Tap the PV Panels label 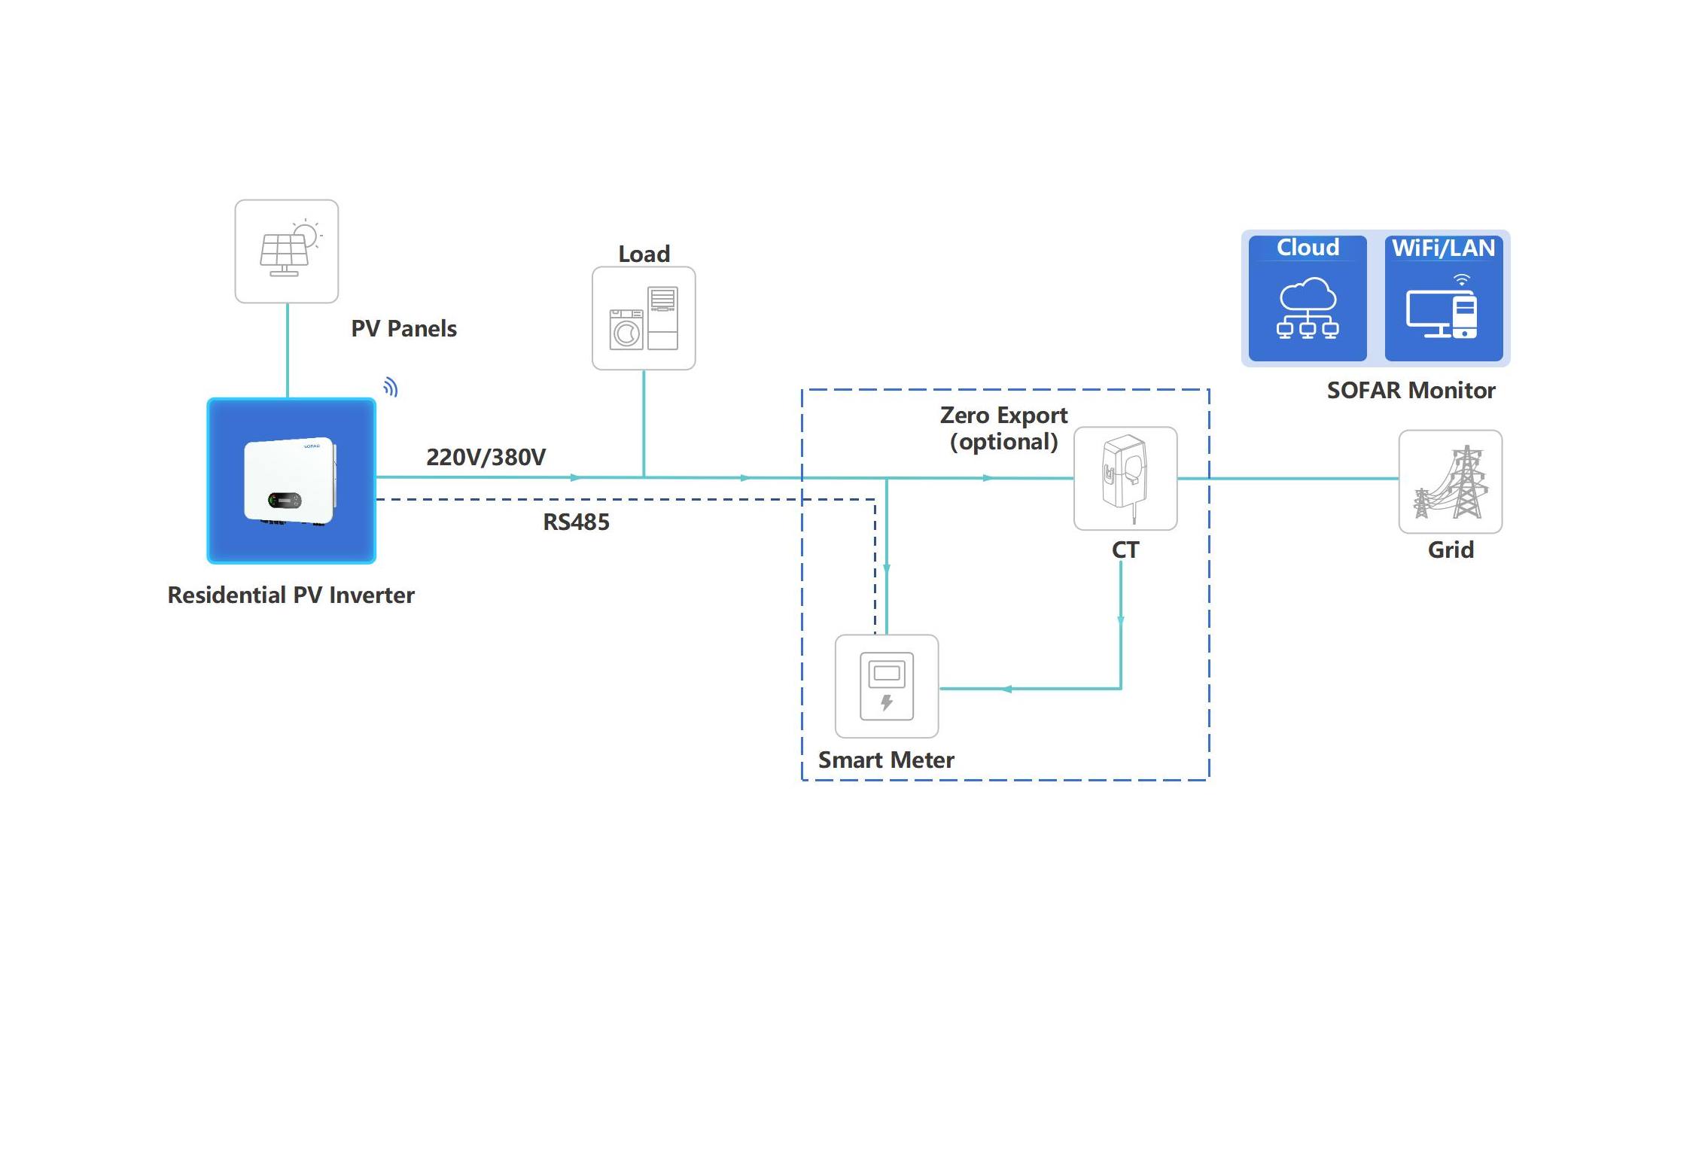click(x=403, y=329)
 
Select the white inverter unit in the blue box click(x=291, y=480)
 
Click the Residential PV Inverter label click(x=291, y=595)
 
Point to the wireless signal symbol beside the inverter click(x=390, y=387)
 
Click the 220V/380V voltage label click(x=486, y=457)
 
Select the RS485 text click(x=576, y=522)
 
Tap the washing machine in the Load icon click(x=626, y=330)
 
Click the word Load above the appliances click(x=644, y=254)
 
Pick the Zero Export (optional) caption click(x=1003, y=428)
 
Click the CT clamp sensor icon click(x=1125, y=477)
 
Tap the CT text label click(x=1125, y=550)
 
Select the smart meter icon click(x=887, y=686)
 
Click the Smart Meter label click(x=886, y=760)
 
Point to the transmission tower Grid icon click(x=1451, y=482)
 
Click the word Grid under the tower click(x=1451, y=550)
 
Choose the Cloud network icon click(x=1308, y=308)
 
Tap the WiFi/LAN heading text click(x=1443, y=248)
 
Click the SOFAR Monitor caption click(x=1411, y=391)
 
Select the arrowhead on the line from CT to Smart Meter click(x=1006, y=688)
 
